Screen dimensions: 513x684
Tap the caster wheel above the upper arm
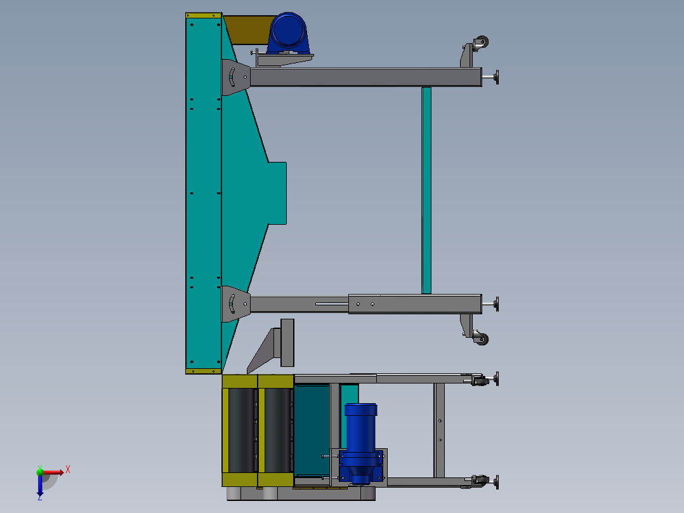[x=482, y=43]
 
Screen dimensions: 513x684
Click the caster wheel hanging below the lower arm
[x=482, y=339]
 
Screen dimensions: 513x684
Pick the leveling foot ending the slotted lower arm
[x=496, y=304]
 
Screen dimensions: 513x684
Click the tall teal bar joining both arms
[x=426, y=190]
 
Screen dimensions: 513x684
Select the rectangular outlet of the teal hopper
[x=277, y=193]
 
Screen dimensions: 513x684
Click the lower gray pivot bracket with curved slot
[x=233, y=303]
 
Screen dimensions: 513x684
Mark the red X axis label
[x=68, y=470]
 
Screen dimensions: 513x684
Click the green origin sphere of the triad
[x=40, y=471]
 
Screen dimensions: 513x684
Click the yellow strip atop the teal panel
[x=203, y=15]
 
